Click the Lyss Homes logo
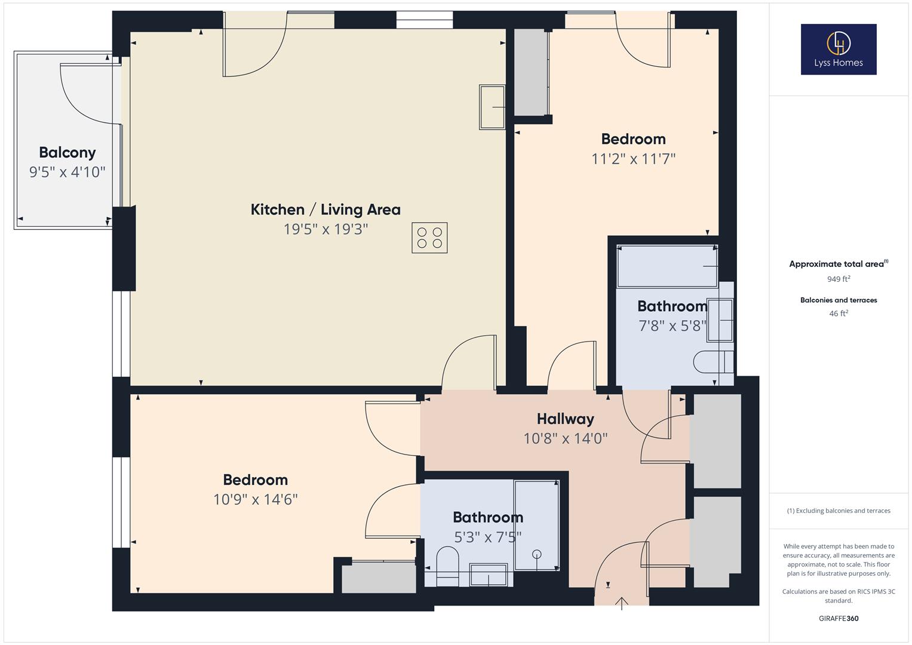point(838,49)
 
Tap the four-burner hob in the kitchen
point(429,238)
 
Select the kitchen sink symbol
point(492,107)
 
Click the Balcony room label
point(67,153)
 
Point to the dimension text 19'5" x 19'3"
point(326,229)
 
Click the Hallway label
point(565,419)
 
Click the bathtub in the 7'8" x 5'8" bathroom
point(667,266)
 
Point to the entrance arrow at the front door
point(622,603)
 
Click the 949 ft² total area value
point(839,279)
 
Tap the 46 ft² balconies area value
point(839,314)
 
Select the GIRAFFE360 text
point(839,619)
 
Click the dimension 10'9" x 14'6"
point(256,499)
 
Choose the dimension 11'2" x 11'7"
point(633,159)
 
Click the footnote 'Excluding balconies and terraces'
point(839,511)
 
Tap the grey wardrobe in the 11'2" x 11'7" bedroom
point(531,72)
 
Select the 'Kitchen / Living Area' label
point(326,210)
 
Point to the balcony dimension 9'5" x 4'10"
point(67,173)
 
